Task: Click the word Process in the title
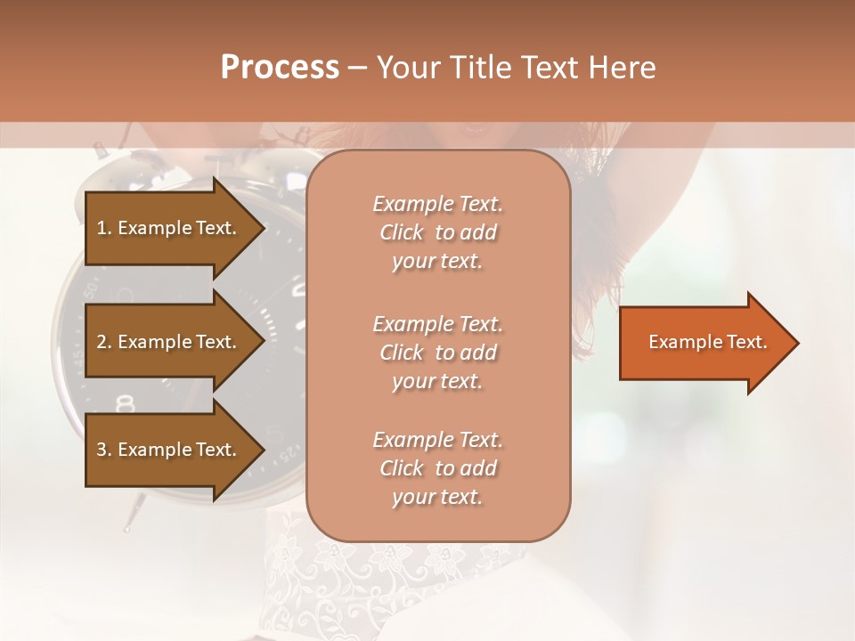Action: tap(280, 68)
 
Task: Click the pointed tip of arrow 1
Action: tap(262, 228)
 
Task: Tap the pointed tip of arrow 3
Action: tap(262, 450)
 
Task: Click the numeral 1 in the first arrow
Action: tap(102, 228)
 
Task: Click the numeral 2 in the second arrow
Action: tap(102, 342)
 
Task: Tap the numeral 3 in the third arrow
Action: tap(102, 450)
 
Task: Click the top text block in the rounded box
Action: tap(437, 232)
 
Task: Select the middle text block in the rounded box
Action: tap(437, 352)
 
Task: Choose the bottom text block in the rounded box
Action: tap(437, 468)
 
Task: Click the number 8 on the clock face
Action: tap(126, 402)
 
